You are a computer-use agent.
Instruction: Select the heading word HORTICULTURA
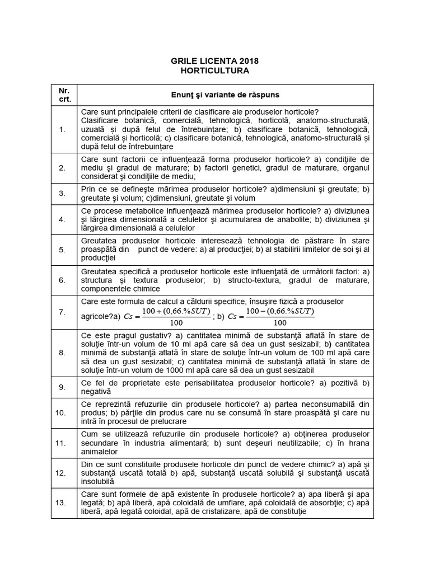[215, 71]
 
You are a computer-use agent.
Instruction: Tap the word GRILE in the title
[184, 61]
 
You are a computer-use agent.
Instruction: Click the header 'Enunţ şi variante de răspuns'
[225, 95]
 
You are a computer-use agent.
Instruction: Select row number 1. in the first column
[62, 129]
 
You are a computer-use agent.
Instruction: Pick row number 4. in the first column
[62, 219]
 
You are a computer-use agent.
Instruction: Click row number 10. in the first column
[62, 413]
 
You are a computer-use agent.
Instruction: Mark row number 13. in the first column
[62, 503]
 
